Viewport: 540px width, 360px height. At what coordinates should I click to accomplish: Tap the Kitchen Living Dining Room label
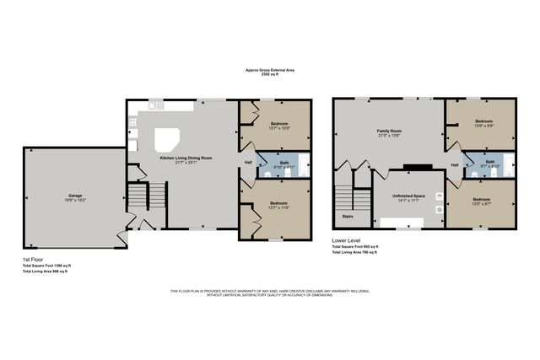187,158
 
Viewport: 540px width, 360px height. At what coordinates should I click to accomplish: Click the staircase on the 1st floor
137,198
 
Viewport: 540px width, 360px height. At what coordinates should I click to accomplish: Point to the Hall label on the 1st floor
248,162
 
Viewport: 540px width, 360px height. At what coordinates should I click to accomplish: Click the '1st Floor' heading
35,259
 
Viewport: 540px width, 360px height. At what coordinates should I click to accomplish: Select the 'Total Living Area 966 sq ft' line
45,271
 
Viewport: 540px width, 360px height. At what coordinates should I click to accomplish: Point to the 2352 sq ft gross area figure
270,74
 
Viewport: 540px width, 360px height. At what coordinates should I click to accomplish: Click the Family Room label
388,131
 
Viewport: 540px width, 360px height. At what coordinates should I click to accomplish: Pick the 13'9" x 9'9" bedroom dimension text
483,127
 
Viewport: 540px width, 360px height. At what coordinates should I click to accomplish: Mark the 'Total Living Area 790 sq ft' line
354,253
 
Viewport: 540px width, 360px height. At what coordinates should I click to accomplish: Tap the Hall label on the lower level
455,164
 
